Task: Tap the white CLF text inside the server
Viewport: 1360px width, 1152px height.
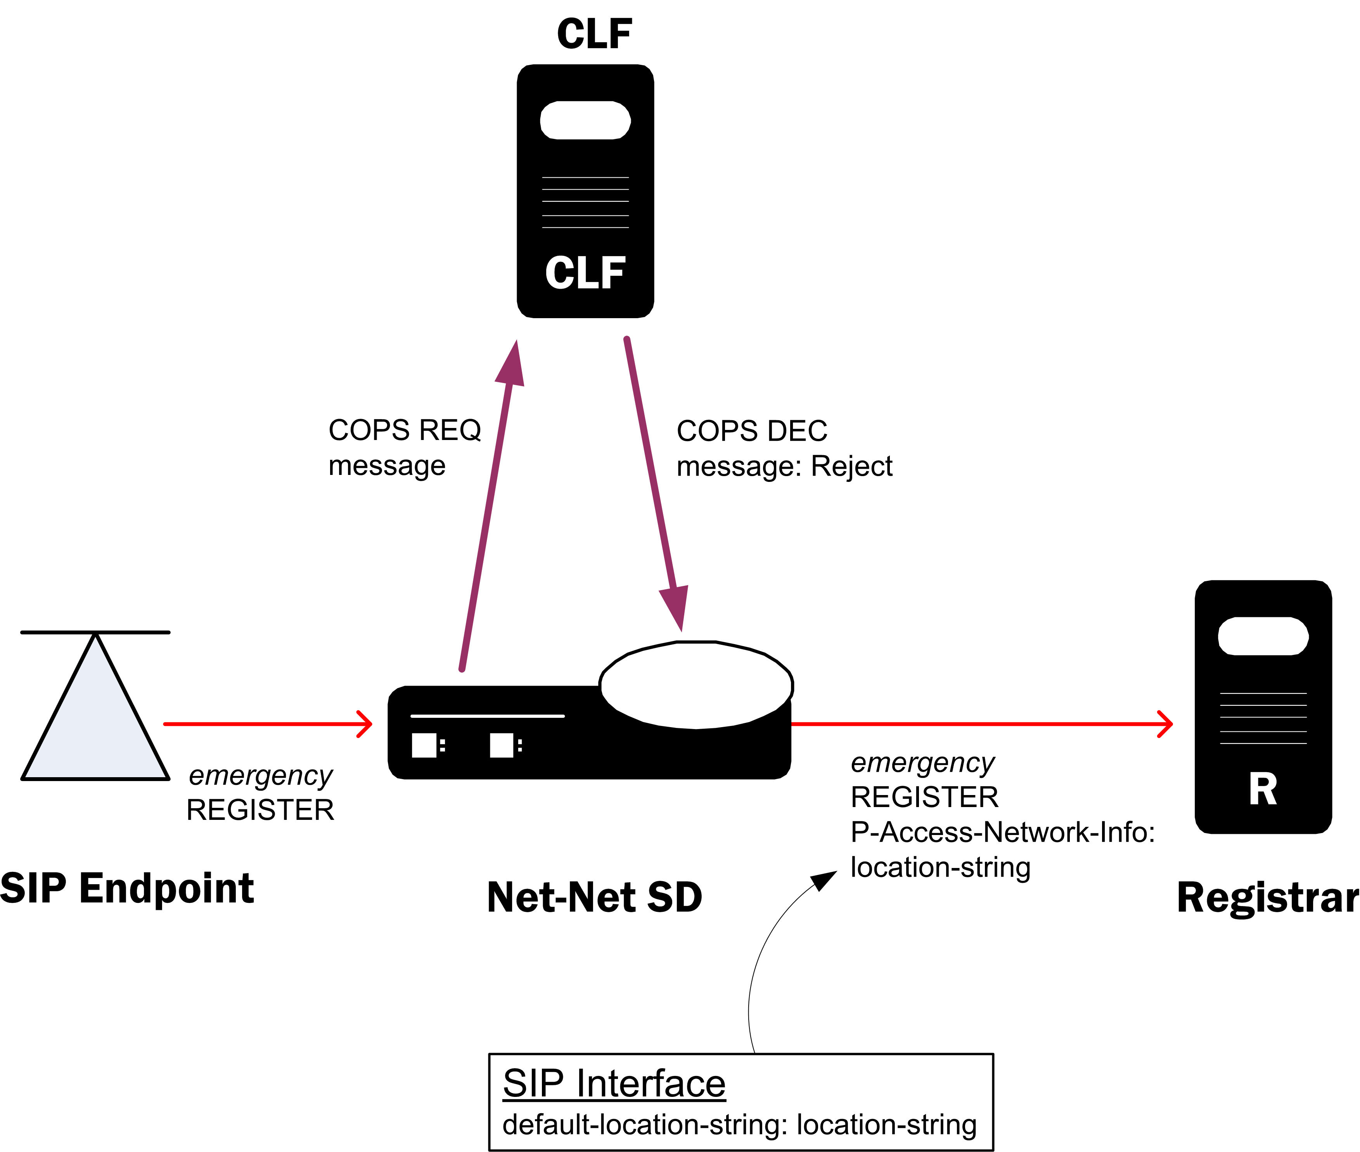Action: (585, 273)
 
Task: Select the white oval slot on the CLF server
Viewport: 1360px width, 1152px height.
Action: (585, 120)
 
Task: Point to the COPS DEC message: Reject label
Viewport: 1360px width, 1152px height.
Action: (784, 449)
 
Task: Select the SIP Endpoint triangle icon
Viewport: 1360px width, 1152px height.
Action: (95, 718)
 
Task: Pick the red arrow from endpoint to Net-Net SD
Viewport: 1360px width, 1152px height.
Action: (268, 724)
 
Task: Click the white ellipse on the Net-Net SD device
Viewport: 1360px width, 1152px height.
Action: (696, 685)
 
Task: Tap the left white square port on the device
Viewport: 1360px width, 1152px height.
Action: (424, 745)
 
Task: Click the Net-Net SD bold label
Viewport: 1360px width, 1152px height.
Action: (594, 897)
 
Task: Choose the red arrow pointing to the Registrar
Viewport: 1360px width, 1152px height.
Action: (979, 724)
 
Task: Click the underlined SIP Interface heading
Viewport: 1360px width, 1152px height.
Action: (614, 1083)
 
